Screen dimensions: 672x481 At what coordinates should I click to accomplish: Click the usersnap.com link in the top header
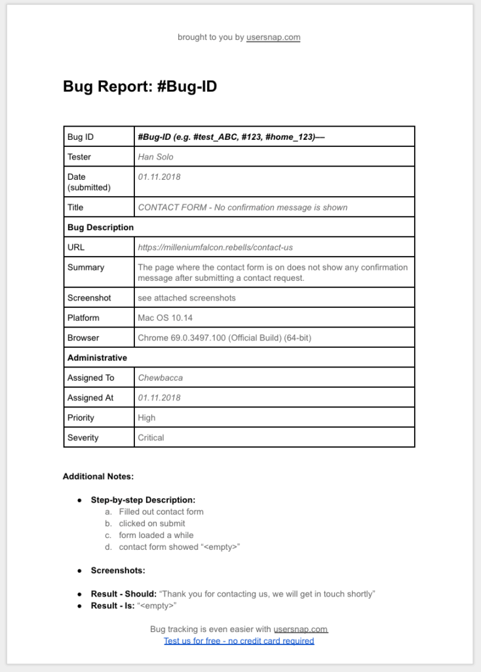point(273,37)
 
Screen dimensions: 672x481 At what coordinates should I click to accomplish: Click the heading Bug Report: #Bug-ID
point(140,87)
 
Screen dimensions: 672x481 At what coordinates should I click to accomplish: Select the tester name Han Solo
point(155,157)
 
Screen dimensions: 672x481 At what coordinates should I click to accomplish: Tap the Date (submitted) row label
point(88,182)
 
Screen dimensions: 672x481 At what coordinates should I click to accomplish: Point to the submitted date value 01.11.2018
point(159,177)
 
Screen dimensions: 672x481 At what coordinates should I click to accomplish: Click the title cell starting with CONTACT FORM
point(242,207)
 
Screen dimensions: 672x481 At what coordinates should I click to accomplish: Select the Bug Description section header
point(100,227)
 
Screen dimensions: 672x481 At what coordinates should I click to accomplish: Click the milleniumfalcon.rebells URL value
point(215,247)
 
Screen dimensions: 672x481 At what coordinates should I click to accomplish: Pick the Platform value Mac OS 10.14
point(165,318)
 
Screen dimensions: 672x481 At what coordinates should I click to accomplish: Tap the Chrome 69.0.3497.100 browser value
point(224,338)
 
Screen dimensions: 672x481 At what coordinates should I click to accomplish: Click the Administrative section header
point(97,358)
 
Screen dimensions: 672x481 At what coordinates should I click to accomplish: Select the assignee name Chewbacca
point(161,378)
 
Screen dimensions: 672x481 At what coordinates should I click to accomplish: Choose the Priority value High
point(147,417)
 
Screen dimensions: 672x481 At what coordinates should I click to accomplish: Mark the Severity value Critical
point(151,438)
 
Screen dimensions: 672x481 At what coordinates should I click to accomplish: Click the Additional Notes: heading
point(98,476)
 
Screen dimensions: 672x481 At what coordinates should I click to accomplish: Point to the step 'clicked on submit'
point(152,524)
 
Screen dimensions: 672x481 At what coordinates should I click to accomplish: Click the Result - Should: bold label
point(123,594)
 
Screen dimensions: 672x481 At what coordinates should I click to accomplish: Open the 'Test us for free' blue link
point(239,640)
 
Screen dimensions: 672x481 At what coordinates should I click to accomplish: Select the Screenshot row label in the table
point(89,298)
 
